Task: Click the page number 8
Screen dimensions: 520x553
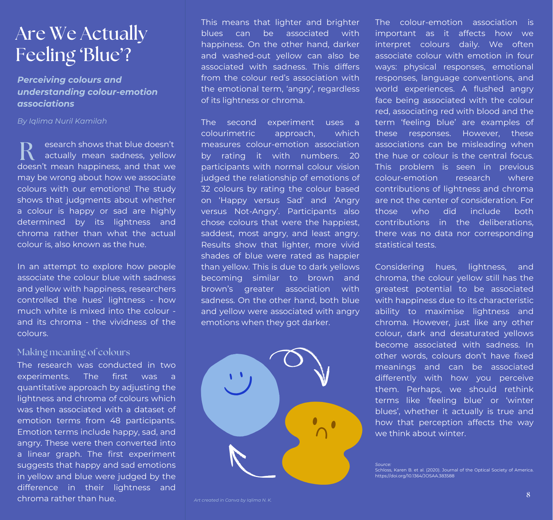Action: coord(528,495)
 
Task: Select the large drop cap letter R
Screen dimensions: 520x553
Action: coord(27,151)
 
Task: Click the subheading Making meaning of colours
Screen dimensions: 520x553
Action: coord(74,352)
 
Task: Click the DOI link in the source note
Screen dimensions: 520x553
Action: coord(414,476)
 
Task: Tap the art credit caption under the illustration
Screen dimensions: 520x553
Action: coord(233,500)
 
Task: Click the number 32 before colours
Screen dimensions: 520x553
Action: coord(206,189)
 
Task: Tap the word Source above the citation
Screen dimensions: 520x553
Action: coord(383,464)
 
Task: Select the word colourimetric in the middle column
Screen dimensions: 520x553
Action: coord(228,133)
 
